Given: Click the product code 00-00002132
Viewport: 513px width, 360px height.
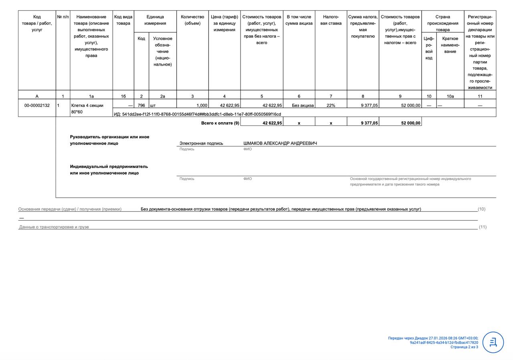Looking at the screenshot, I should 37,105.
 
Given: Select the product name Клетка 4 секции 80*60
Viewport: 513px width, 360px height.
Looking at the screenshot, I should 87,109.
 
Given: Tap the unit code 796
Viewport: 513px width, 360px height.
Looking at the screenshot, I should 141,105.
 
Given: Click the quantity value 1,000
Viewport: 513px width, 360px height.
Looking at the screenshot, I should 201,105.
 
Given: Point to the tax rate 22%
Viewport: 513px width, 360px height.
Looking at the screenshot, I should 331,105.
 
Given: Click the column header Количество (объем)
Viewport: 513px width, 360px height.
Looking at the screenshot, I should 192,20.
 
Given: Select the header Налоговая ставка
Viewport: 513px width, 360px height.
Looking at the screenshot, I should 331,20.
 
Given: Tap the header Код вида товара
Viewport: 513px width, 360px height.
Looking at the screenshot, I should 123,20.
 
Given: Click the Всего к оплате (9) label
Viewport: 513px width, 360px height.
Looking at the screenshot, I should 220,123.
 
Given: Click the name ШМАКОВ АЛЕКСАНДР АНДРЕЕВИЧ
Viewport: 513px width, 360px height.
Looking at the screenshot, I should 280,143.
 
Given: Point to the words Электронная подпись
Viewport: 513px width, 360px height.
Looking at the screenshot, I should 201,143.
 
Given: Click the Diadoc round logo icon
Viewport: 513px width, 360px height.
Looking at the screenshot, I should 493,342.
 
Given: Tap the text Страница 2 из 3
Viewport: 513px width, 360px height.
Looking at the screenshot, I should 464,347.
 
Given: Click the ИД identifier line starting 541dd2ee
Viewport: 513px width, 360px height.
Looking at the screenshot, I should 197,114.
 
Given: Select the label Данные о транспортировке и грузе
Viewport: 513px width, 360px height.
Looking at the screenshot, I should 54,227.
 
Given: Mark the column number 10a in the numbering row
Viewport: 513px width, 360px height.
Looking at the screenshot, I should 450,96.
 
